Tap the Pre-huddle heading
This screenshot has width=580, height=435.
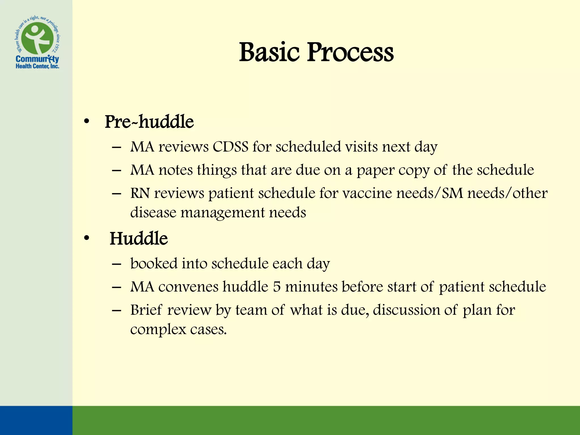[x=149, y=122]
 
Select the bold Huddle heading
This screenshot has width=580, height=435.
[x=138, y=238]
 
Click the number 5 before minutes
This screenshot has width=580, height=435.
[x=277, y=287]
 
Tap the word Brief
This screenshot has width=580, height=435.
[x=146, y=310]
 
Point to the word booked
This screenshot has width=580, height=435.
[x=153, y=263]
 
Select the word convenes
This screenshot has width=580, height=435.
[x=188, y=287]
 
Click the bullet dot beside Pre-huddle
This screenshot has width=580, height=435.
[x=87, y=122]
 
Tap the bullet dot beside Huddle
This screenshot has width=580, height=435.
[x=87, y=238]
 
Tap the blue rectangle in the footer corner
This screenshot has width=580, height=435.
[x=36, y=420]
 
